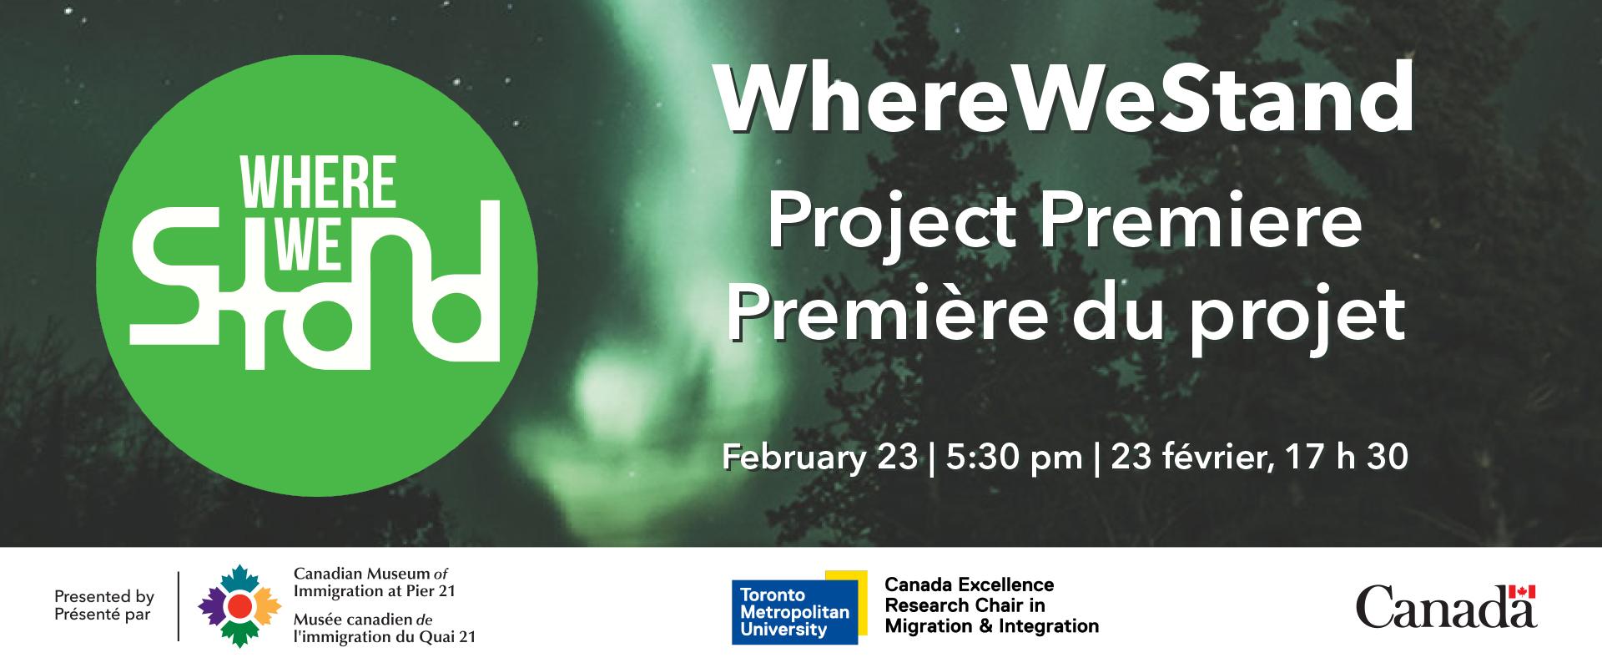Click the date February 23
point(819,458)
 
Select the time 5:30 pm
point(1015,458)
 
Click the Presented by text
point(104,597)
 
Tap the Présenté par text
point(103,615)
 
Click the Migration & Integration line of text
point(991,625)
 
